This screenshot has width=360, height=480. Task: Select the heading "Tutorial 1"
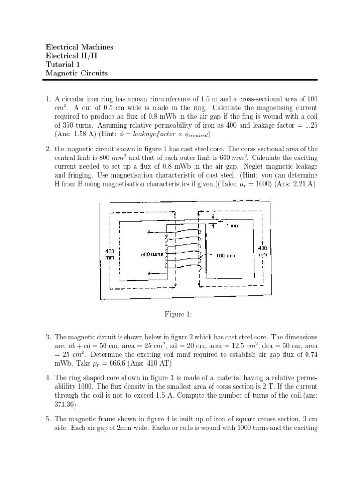(x=64, y=65)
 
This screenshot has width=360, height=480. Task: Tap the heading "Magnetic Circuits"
(x=76, y=73)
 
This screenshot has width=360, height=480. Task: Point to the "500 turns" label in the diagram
(x=151, y=255)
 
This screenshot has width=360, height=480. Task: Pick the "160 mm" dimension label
(x=226, y=255)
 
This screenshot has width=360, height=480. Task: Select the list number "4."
(x=48, y=377)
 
